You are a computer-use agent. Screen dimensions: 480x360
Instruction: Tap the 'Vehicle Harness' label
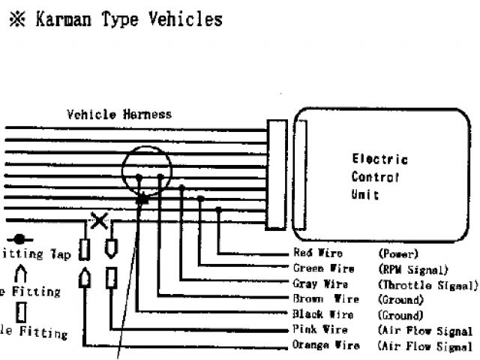pyautogui.click(x=119, y=115)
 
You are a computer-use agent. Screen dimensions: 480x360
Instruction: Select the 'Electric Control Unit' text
pyautogui.click(x=379, y=177)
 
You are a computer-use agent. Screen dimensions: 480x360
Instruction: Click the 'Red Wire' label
pyautogui.click(x=318, y=254)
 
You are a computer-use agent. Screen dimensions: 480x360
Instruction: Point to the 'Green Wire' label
pyautogui.click(x=323, y=269)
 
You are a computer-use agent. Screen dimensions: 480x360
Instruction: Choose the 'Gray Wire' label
pyautogui.click(x=320, y=284)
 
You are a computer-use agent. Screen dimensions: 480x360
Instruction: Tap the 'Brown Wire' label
pyautogui.click(x=322, y=300)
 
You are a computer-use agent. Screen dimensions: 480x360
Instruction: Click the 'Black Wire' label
pyautogui.click(x=322, y=315)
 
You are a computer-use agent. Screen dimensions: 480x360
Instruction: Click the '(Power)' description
pyautogui.click(x=398, y=254)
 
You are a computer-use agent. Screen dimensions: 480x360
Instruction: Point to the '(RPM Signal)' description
pyautogui.click(x=412, y=269)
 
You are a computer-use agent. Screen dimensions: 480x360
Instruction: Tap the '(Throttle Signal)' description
pyautogui.click(x=427, y=285)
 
